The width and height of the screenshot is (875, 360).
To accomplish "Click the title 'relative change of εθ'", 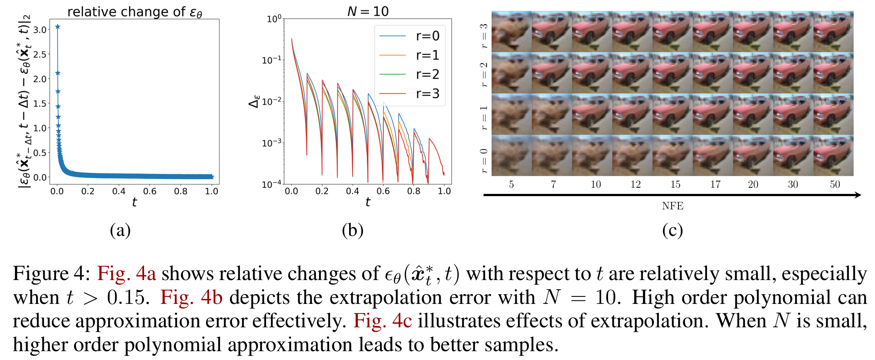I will tap(134, 12).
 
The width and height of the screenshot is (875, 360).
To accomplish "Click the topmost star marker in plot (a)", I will tap(57, 27).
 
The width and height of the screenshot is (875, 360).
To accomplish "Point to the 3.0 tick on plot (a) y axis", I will tap(40, 30).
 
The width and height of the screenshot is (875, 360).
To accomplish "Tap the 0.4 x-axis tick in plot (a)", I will tap(118, 191).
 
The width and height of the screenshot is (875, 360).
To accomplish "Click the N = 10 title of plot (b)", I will tap(368, 11).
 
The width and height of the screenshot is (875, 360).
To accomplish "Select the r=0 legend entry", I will tap(409, 36).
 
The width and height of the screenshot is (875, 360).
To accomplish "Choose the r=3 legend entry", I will tap(409, 94).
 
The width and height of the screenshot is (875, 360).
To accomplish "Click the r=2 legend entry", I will tap(409, 74).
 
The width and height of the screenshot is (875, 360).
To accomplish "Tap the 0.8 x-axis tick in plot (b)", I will tap(414, 191).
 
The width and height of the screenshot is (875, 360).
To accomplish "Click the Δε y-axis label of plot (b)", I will tap(254, 102).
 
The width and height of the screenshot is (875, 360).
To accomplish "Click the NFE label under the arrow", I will tap(672, 206).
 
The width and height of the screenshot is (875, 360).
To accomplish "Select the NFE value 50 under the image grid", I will tap(834, 185).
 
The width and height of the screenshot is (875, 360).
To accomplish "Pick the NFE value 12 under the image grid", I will tap(635, 185).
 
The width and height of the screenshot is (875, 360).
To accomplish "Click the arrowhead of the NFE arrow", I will tap(858, 195).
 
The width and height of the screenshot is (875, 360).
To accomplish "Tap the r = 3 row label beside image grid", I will tap(484, 35).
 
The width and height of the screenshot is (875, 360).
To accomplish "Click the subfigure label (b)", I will tap(352, 230).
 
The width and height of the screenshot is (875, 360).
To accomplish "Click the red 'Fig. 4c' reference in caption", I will tap(382, 321).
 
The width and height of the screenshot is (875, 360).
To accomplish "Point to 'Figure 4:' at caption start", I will tap(51, 274).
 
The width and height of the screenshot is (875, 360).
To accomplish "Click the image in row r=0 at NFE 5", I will tap(511, 155).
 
